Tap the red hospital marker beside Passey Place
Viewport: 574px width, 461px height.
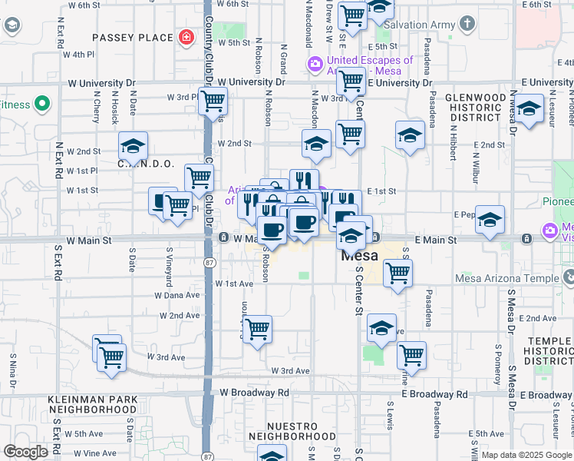coord(186,37)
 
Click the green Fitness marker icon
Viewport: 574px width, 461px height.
coord(41,104)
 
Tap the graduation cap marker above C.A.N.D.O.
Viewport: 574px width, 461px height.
coord(133,145)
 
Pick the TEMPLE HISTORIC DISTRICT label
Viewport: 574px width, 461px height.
coord(548,350)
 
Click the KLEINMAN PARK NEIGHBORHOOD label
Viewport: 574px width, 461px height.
coord(91,404)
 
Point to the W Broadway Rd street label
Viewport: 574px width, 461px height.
coord(254,393)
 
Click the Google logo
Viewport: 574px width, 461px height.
coord(26,451)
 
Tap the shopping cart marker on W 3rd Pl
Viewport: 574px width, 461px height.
coord(213,100)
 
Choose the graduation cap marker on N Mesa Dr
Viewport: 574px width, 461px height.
coord(529,109)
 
